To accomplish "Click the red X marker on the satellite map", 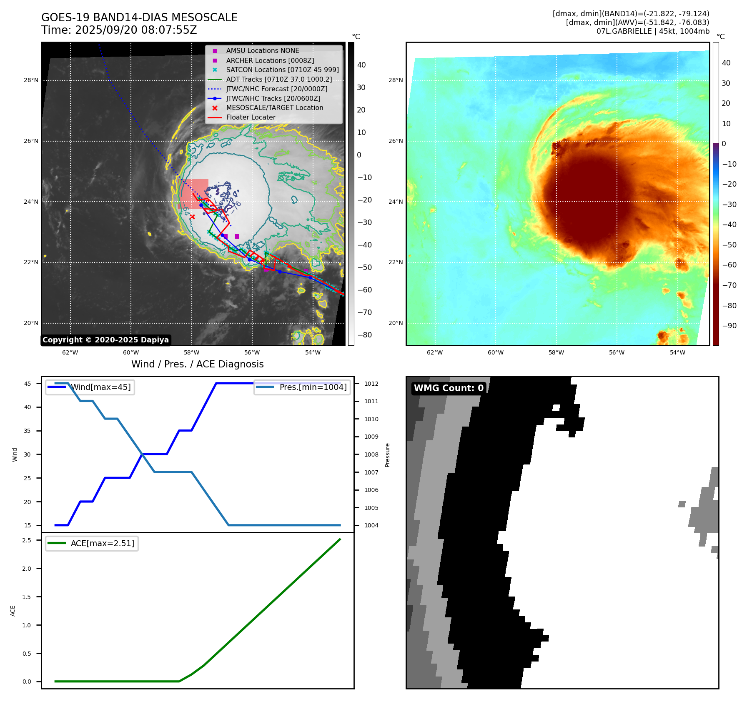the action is [192, 217].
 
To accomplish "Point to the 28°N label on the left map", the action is [31, 80].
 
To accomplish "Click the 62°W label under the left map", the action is [70, 352].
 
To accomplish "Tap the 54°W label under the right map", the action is [677, 352].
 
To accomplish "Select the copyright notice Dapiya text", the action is [105, 340].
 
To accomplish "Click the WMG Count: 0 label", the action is [449, 388].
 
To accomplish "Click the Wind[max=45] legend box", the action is [90, 387].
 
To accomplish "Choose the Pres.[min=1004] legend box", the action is [302, 387].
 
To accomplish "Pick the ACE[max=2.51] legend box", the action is [92, 543].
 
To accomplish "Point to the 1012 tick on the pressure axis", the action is [371, 384].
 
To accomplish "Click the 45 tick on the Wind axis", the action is [28, 384].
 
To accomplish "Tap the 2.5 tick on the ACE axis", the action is [27, 540].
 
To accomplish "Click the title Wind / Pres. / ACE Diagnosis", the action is [198, 364].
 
